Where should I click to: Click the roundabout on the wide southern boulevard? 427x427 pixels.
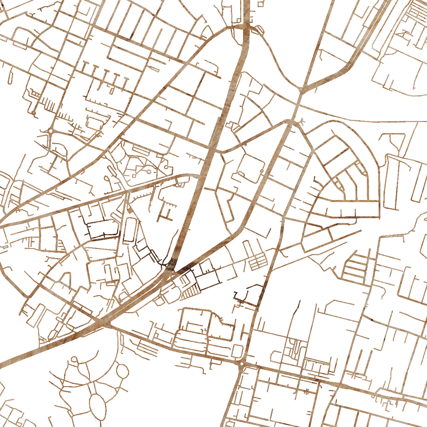pyautogui.click(x=242, y=363)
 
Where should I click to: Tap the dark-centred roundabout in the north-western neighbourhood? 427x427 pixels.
pyautogui.click(x=51, y=131)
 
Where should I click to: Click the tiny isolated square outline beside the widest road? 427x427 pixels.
pyautogui.click(x=260, y=4)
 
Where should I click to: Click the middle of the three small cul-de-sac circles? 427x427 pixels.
pyautogui.click(x=147, y=172)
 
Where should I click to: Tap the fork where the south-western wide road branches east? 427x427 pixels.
pyautogui.click(x=109, y=324)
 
